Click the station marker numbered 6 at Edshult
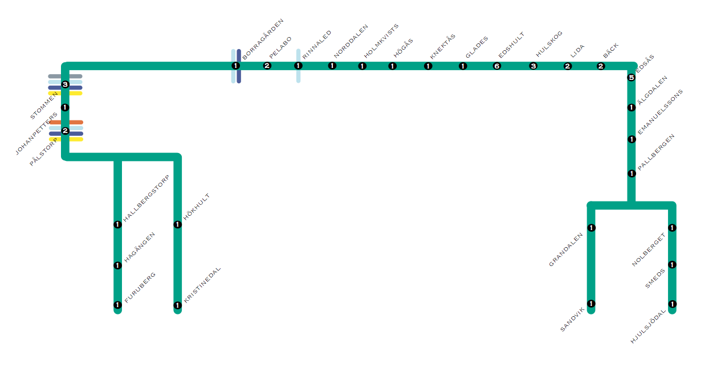coord(496,66)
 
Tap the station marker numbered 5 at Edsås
coord(631,78)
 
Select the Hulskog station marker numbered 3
coord(533,66)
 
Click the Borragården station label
coord(263,39)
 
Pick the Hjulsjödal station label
coord(648,326)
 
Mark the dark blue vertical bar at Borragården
coord(239,77)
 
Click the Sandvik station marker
coord(591,304)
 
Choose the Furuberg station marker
coord(117,305)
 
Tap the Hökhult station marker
coord(178,224)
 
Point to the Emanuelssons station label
coord(660,112)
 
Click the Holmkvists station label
coord(381,41)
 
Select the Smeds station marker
coord(672,265)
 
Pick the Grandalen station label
coord(566,250)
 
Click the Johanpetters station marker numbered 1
coord(65,107)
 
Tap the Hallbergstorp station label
coord(146,198)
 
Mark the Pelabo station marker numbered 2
coord(267,66)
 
